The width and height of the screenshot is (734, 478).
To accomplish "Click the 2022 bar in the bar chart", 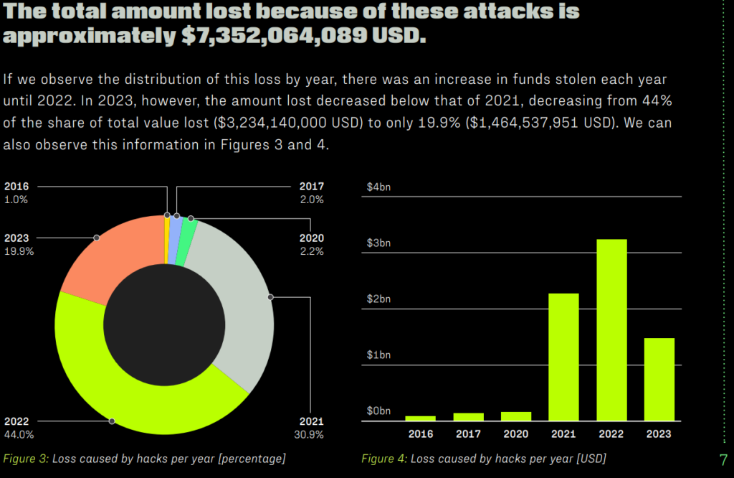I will coord(611,330).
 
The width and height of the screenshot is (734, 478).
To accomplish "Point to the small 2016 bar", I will coord(420,418).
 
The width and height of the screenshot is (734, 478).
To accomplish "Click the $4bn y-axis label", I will coord(378,187).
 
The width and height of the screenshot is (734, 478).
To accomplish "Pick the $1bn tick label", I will coord(378,355).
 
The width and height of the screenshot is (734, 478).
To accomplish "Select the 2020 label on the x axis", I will coord(516,434).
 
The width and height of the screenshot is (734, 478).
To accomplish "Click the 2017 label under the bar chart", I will coord(468,434).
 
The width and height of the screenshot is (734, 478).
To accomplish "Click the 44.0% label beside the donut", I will coord(19,434).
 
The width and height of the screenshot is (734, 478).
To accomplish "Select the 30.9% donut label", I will coord(309,434).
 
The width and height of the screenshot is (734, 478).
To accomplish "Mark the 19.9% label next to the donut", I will coord(19,251).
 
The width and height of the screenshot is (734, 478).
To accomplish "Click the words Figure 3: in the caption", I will coord(26,458).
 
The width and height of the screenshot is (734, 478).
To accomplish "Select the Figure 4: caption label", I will coord(383,458).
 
